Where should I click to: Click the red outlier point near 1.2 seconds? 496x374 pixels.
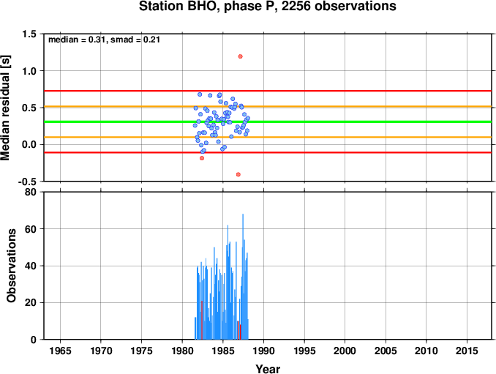(241, 56)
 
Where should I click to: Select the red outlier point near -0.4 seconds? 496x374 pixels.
(238, 174)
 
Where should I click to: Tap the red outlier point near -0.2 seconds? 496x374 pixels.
(202, 158)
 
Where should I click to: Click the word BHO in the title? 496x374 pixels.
(204, 7)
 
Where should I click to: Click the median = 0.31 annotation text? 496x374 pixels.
(76, 40)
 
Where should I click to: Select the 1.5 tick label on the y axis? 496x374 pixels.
(29, 34)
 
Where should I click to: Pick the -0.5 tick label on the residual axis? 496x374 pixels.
(27, 182)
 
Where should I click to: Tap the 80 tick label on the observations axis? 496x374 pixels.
(31, 192)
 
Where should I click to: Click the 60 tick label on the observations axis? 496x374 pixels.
(31, 229)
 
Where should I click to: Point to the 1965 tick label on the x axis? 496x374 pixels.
(60, 351)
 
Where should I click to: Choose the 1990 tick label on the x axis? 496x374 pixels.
(263, 351)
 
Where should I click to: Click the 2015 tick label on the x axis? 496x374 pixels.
(467, 351)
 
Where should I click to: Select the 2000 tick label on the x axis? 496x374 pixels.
(345, 351)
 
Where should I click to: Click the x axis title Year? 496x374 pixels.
(268, 369)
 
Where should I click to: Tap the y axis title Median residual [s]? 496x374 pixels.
(5, 108)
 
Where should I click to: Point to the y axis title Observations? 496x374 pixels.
(11, 266)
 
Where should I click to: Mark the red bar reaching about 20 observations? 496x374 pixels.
(202, 320)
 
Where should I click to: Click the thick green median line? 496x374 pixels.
(268, 121)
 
